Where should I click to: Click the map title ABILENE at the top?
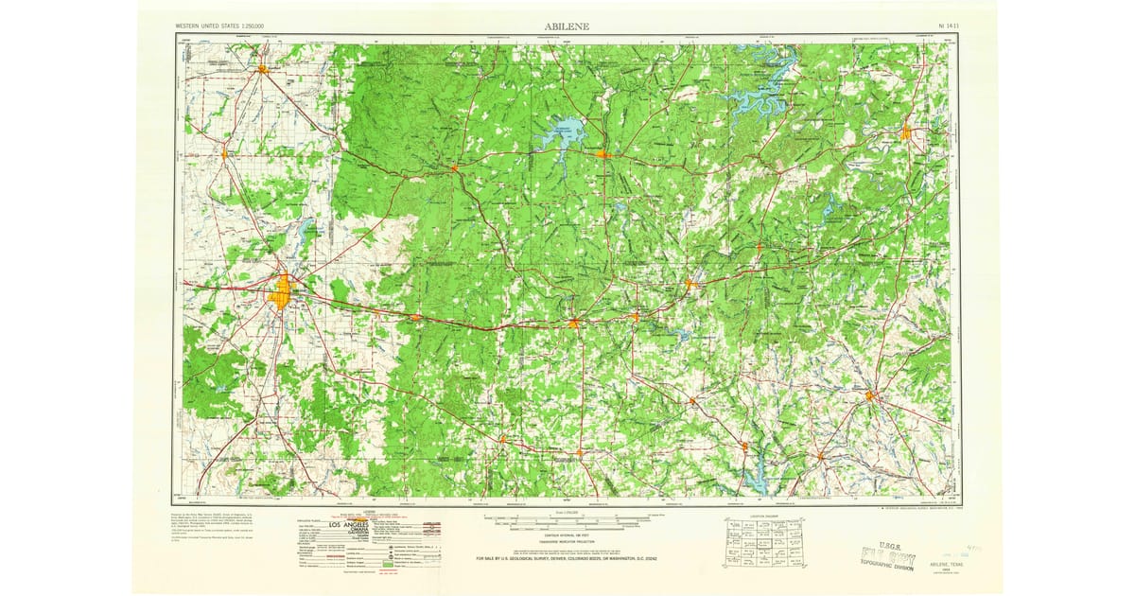(567, 26)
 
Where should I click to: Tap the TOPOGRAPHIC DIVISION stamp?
(886, 566)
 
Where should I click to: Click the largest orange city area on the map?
(281, 293)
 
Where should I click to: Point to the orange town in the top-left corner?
(263, 68)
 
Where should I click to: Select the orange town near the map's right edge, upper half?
(905, 132)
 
